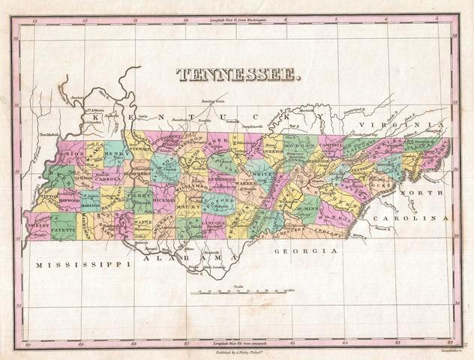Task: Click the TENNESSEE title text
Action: point(238,74)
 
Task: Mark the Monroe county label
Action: point(330,213)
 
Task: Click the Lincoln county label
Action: point(212,223)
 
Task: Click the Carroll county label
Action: point(110,180)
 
